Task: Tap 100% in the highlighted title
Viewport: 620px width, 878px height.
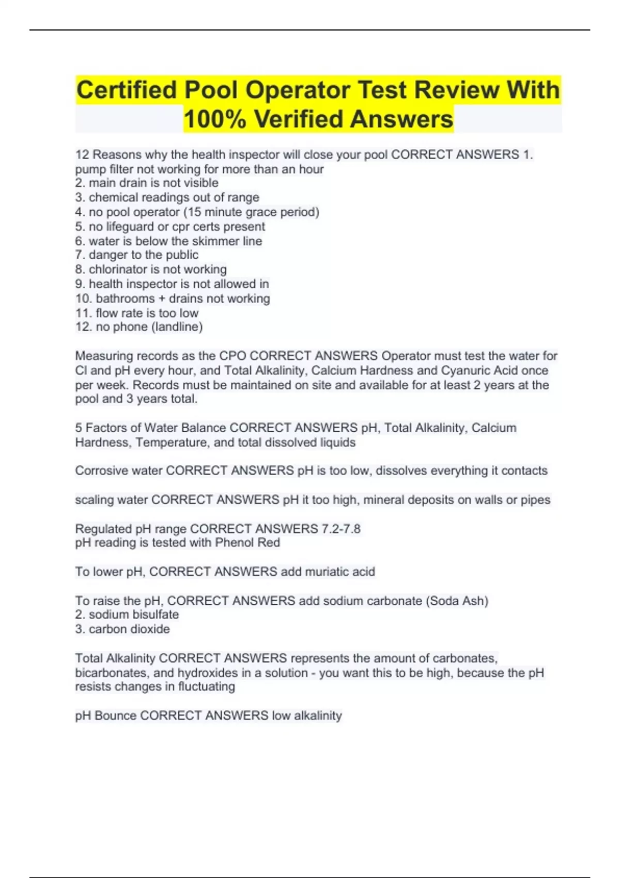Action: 214,119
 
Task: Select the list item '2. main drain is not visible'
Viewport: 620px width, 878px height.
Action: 147,183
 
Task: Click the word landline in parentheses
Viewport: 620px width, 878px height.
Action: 177,326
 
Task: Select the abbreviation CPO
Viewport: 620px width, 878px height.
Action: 233,356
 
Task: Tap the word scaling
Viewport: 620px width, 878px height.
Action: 95,499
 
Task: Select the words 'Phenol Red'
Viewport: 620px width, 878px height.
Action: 247,542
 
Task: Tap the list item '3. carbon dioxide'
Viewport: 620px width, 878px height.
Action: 122,629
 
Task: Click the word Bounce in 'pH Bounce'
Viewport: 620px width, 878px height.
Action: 116,715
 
